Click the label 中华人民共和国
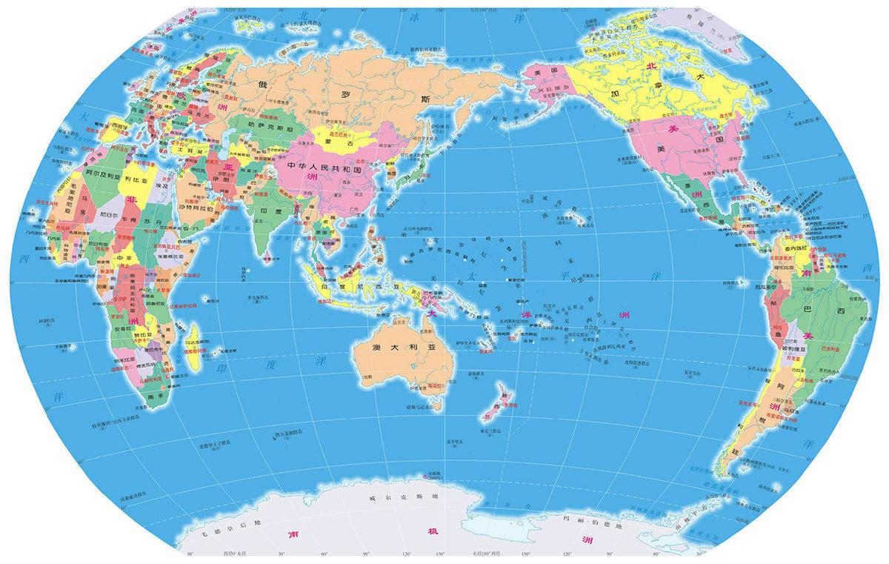(x=324, y=168)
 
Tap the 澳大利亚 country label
(x=402, y=347)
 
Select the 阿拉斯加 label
(x=556, y=86)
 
